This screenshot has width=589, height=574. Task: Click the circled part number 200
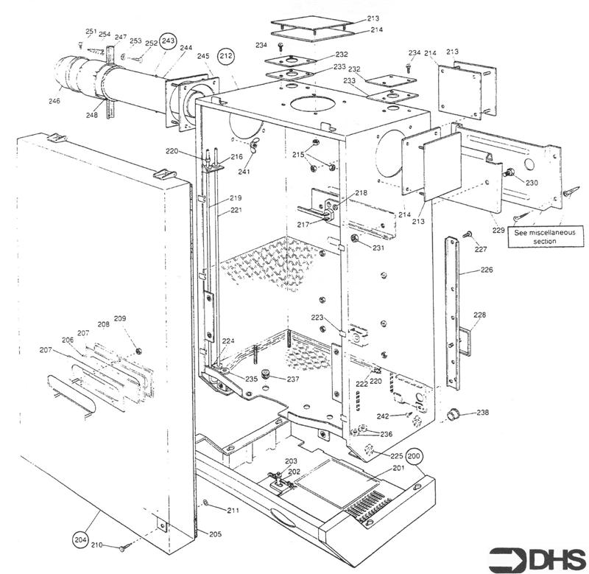pyautogui.click(x=415, y=455)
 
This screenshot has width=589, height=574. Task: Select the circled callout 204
pyautogui.click(x=81, y=539)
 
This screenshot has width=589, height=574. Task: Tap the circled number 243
pyautogui.click(x=169, y=41)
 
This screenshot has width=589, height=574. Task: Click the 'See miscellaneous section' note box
pyautogui.click(x=545, y=237)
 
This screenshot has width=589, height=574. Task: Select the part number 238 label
pyautogui.click(x=482, y=413)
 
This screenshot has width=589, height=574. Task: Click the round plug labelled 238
pyautogui.click(x=454, y=415)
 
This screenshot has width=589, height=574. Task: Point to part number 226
pyautogui.click(x=487, y=270)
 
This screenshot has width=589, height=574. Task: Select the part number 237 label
pyautogui.click(x=292, y=379)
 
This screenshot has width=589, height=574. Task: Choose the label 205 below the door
pyautogui.click(x=214, y=534)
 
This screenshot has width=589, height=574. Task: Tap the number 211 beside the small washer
pyautogui.click(x=233, y=510)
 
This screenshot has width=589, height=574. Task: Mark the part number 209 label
pyautogui.click(x=119, y=319)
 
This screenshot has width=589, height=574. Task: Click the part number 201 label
pyautogui.click(x=398, y=469)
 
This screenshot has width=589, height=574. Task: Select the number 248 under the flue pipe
pyautogui.click(x=91, y=115)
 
